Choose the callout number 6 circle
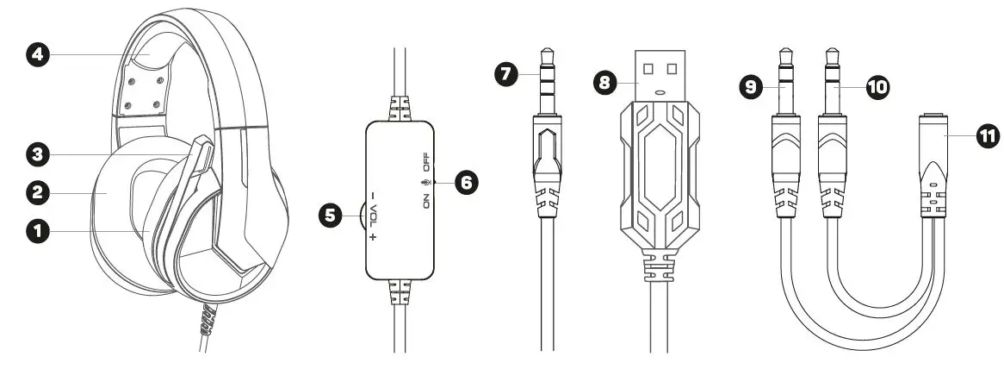point(464,183)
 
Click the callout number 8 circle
point(606,83)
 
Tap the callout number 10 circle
point(877,86)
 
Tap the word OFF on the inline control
point(425,160)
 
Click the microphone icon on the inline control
point(425,182)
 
